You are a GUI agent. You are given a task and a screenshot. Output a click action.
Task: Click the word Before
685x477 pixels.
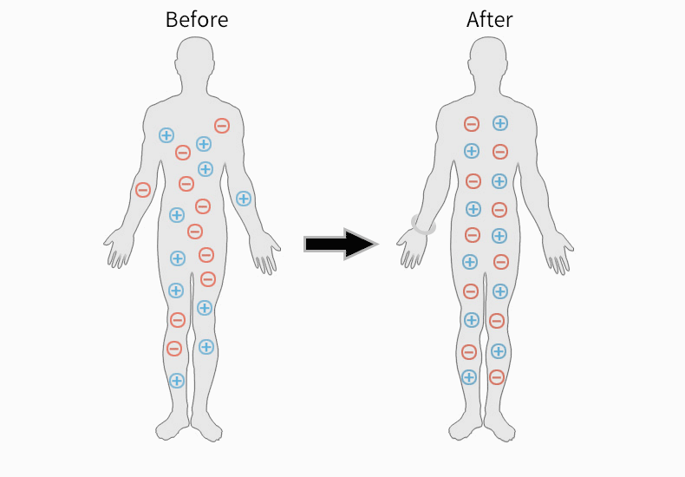(197, 20)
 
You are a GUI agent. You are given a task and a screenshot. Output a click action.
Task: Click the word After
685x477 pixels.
(489, 20)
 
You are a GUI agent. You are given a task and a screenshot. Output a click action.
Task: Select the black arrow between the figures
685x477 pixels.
(341, 245)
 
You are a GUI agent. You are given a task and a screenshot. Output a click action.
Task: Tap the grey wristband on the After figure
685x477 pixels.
(423, 225)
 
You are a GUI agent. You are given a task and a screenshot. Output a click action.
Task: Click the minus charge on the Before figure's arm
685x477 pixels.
(143, 190)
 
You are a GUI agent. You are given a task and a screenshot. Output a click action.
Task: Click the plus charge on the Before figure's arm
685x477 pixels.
(244, 199)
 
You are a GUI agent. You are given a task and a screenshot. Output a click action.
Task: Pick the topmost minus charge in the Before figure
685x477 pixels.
(222, 126)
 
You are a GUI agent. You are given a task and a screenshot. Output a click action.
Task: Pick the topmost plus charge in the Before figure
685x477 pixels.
(166, 135)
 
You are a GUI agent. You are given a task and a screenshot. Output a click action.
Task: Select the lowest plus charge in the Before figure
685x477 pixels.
(177, 381)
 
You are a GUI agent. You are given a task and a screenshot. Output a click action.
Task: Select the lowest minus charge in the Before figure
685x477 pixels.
(174, 349)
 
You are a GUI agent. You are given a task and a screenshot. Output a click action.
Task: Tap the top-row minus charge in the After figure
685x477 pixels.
(472, 124)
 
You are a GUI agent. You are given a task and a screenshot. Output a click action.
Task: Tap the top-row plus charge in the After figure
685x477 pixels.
(500, 123)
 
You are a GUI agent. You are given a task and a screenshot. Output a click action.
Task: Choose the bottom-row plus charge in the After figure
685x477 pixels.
(469, 377)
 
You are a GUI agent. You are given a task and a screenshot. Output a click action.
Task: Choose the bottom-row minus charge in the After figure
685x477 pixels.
(497, 377)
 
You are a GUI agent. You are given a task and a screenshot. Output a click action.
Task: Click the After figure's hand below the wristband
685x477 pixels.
(411, 249)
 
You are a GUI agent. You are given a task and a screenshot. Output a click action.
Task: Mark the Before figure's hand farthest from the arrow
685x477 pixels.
(119, 248)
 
